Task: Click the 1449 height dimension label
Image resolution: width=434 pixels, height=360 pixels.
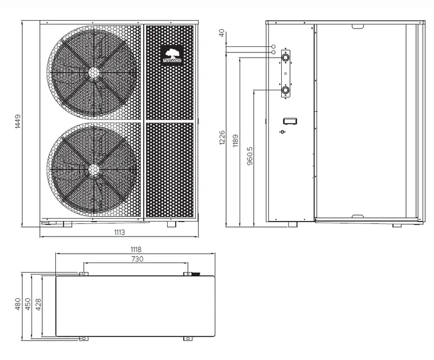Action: pos(18,122)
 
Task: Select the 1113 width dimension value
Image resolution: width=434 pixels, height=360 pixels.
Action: pos(119,232)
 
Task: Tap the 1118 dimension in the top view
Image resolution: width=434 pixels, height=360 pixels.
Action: pos(136,250)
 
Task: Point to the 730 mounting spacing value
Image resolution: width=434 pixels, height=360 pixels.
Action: pos(137,259)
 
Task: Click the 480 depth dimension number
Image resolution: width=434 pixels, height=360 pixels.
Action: pos(18,304)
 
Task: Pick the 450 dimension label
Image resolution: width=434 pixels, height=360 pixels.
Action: pos(28,304)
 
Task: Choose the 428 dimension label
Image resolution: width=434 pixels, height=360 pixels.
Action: pos(38,304)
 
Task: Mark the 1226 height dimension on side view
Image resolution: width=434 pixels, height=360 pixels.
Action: pos(222,138)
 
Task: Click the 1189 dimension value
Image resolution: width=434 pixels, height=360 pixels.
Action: pos(235,140)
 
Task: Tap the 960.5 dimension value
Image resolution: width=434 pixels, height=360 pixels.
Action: pos(250,156)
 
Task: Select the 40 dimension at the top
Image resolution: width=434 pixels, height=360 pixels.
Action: pos(222,33)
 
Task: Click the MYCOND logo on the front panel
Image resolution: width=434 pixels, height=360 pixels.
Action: pos(172,55)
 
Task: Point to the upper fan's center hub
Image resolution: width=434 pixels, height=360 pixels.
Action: pos(94,72)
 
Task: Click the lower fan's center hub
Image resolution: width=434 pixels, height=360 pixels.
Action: pos(94,169)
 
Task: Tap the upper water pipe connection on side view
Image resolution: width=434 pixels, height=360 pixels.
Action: pos(285,58)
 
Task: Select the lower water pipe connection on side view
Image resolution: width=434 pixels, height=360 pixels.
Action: pos(285,90)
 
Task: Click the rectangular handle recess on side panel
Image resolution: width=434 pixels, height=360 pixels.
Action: pos(290,121)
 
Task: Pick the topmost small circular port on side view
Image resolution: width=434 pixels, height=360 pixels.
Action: pos(273,46)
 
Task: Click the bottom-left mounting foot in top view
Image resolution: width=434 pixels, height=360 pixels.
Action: pos(84,339)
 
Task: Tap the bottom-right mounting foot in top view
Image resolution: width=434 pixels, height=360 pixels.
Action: pos(188,339)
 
